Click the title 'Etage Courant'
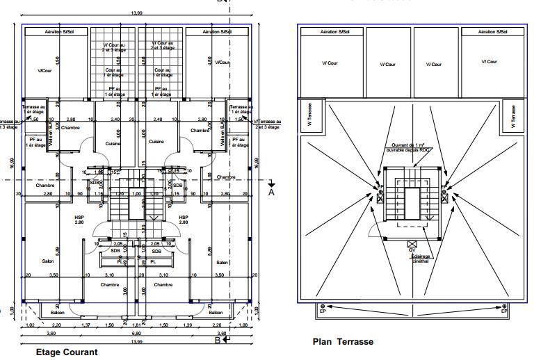pos(67,352)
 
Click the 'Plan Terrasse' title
pos(343,342)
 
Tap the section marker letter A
pos(272,193)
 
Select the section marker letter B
pos(218,340)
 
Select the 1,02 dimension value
pos(30,325)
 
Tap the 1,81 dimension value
pos(138,325)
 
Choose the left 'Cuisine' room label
pos(113,142)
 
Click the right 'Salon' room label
pos(222,262)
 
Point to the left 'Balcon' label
pos(58,313)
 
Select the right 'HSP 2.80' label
pos(184,220)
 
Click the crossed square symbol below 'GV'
pos(412,243)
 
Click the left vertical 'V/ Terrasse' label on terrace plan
pos(309,116)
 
